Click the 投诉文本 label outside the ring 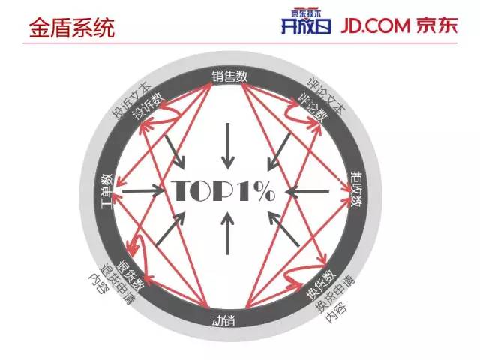130,100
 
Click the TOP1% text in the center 225,191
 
